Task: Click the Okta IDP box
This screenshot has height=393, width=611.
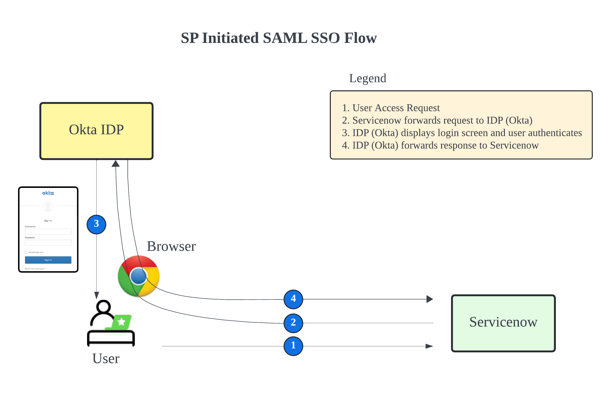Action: click(96, 131)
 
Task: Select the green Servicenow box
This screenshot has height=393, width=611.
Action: click(503, 323)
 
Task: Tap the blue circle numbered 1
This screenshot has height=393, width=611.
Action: click(293, 346)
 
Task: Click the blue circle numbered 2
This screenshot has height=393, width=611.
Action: click(293, 323)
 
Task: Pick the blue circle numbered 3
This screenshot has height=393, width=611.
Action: click(96, 224)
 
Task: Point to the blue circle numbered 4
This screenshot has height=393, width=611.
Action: click(293, 299)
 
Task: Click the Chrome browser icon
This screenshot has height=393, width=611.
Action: click(138, 276)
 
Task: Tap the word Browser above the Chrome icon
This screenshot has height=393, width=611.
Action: click(171, 246)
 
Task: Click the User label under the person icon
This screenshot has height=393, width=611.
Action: click(106, 358)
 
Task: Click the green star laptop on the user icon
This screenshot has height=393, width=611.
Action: click(122, 322)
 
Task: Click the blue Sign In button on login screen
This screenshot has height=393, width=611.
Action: click(48, 260)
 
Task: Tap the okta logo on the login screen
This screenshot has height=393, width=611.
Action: click(48, 193)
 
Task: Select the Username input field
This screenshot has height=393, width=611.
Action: click(48, 232)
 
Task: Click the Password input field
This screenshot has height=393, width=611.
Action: click(48, 243)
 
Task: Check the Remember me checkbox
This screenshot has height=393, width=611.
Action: click(26, 252)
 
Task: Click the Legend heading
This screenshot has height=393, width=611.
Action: click(367, 78)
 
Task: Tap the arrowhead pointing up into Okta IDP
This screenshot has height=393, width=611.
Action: click(116, 164)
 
